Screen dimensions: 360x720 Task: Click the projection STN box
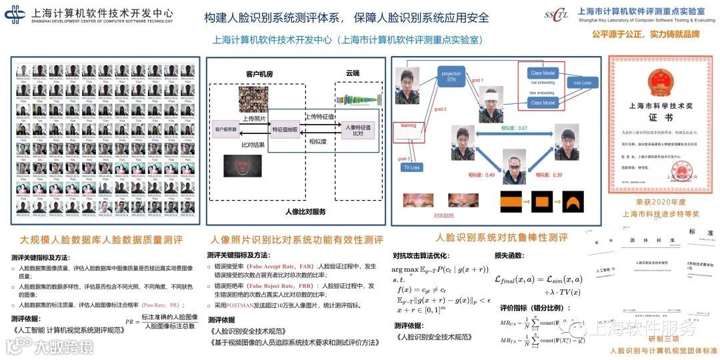[451, 77]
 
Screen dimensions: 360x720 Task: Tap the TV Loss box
[411, 167]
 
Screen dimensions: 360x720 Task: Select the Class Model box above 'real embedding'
[542, 73]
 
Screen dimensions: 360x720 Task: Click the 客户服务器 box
[225, 129]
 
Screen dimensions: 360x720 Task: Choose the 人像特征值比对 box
[357, 129]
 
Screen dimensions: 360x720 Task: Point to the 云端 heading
[352, 72]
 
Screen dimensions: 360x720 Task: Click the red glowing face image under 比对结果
[241, 166]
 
